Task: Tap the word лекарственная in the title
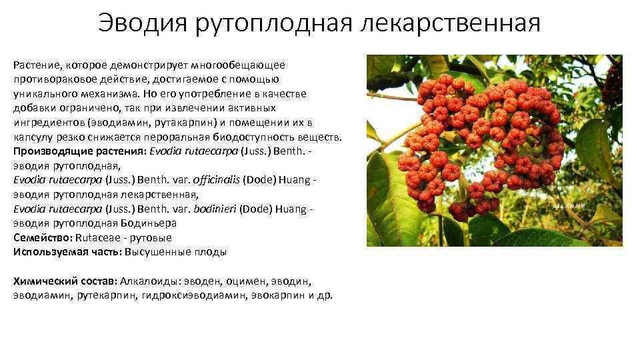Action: coord(451,25)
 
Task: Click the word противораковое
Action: coord(50,79)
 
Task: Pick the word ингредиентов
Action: coord(45,123)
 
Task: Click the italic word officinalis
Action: coord(213,180)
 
